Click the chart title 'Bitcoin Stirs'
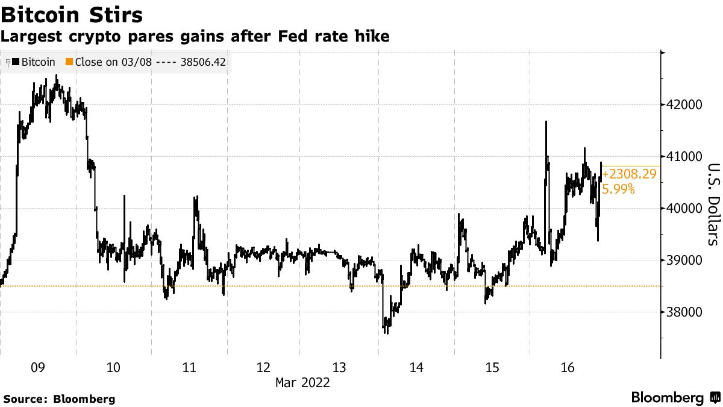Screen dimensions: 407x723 (72, 13)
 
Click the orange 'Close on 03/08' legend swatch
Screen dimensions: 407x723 (69, 62)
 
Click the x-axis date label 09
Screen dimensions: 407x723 (38, 368)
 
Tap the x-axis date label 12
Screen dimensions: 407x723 (264, 368)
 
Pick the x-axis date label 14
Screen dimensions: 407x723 (416, 368)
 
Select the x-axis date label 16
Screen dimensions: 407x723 (567, 368)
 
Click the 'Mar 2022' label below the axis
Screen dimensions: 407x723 (302, 382)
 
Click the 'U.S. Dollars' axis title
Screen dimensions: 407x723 (713, 204)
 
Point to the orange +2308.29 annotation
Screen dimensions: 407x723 (629, 175)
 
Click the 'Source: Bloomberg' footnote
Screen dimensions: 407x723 (59, 399)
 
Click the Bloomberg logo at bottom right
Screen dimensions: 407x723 (675, 398)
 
